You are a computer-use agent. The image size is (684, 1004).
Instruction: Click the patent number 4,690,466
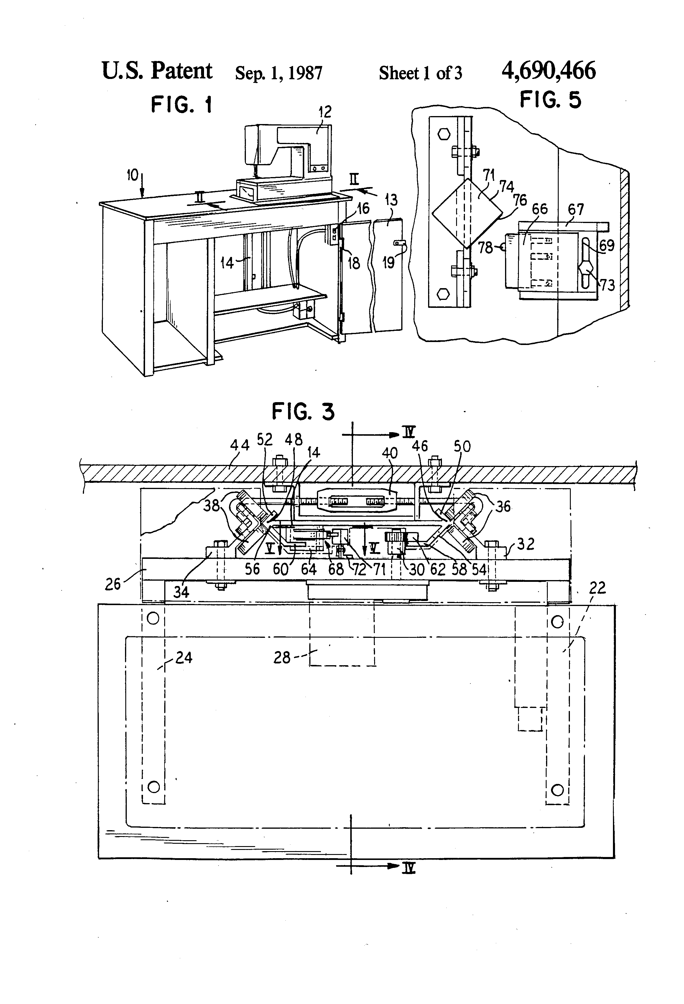click(x=548, y=70)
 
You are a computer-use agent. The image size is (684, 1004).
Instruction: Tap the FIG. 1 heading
click(x=182, y=105)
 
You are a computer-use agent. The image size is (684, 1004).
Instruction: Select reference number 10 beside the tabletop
click(x=132, y=175)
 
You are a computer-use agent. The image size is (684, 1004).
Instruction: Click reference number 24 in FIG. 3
click(x=183, y=658)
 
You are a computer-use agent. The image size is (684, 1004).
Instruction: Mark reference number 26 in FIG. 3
click(x=113, y=584)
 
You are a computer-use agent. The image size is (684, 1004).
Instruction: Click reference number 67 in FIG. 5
click(x=576, y=209)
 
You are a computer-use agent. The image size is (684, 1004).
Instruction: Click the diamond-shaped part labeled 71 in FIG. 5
click(x=467, y=213)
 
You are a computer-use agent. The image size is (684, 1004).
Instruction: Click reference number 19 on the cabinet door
click(x=388, y=262)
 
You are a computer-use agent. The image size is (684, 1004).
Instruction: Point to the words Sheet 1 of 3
click(x=420, y=73)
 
